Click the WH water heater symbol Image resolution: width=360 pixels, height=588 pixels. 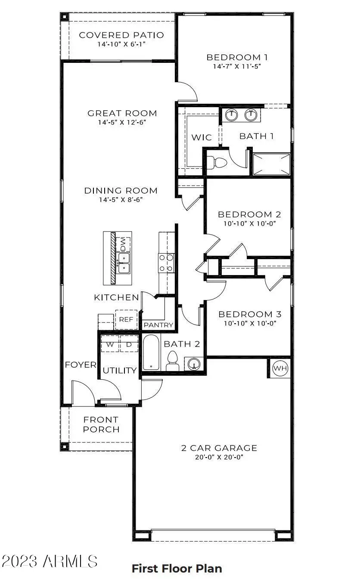coord(280,368)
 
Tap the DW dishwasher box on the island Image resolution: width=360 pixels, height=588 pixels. coord(123,244)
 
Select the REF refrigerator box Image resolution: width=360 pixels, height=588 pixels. coord(126,319)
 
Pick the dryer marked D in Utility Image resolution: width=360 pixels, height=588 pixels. coord(129,344)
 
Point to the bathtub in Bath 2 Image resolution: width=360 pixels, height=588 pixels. coord(151,353)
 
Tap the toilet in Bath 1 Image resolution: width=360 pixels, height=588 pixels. coord(217,163)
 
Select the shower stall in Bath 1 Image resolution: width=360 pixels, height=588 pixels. coord(271,164)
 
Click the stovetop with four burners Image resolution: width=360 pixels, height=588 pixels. coord(166,263)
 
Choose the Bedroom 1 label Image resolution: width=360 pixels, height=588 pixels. coord(233,57)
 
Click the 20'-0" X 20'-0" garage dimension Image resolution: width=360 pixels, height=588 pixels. coord(219,458)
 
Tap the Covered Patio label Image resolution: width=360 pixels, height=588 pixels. coord(121,35)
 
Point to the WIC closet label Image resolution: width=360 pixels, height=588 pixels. coord(202,137)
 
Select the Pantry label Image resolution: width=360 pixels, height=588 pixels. coord(158,325)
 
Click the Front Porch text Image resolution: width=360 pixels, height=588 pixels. coord(101,424)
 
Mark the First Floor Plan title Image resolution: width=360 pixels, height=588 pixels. coord(177,569)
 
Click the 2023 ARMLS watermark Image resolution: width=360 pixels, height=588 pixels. coord(50,561)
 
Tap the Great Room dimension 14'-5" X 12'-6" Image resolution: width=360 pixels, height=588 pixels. coord(122,122)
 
